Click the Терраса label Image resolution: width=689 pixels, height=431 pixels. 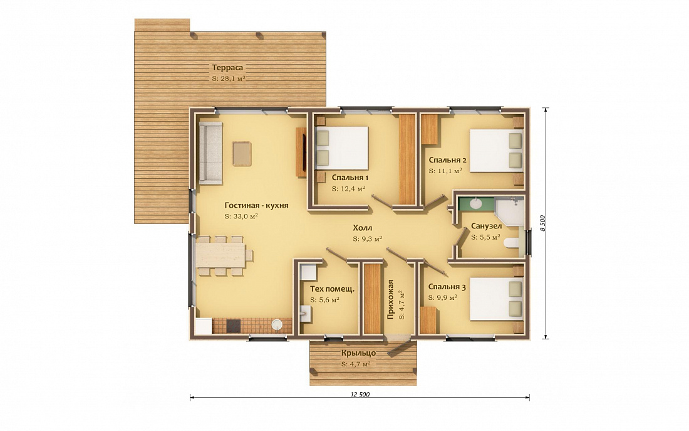[227, 68]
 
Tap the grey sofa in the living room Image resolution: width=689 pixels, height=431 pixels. [210, 153]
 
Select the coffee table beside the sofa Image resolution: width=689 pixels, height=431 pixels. [242, 154]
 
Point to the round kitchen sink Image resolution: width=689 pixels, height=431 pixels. [276, 325]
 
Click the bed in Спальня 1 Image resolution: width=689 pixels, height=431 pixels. [341, 148]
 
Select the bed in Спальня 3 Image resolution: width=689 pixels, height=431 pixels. [497, 299]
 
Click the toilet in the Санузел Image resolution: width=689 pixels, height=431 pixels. [512, 243]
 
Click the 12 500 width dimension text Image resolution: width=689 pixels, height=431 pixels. [360, 395]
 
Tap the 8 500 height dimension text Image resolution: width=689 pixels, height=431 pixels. [542, 223]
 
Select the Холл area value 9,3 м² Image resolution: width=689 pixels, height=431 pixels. [367, 239]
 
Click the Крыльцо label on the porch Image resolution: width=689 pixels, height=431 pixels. [358, 353]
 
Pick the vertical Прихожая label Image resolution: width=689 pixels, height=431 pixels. [390, 299]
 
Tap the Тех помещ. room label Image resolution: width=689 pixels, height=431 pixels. [332, 289]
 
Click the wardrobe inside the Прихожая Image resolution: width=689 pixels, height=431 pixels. [372, 299]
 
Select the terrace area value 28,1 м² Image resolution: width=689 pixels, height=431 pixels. [229, 79]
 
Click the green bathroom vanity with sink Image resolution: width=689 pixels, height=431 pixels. [476, 204]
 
